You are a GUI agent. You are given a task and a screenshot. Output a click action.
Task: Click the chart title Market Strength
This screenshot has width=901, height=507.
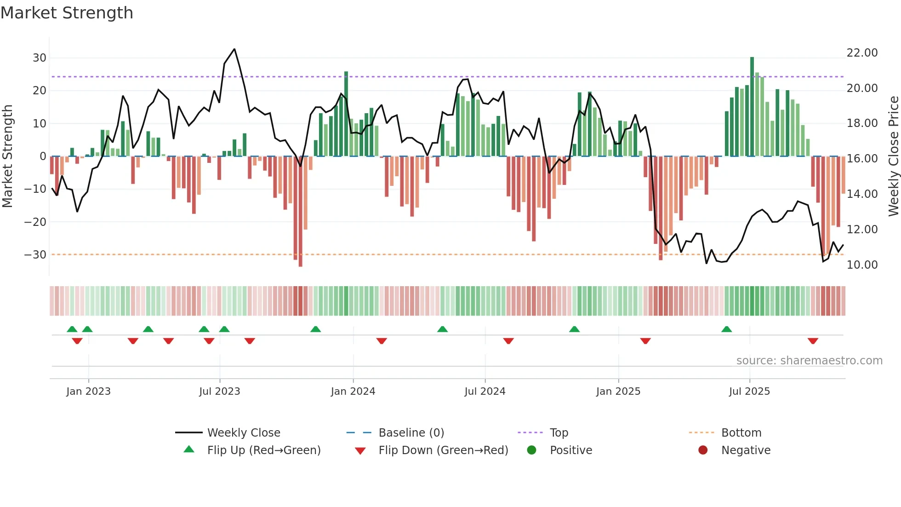67,13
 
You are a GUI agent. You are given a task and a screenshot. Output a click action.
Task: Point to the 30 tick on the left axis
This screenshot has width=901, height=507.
39,58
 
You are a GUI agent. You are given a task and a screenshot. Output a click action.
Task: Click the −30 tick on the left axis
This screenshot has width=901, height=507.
35,255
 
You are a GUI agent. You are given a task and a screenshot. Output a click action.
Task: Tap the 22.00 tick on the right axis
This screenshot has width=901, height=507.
862,53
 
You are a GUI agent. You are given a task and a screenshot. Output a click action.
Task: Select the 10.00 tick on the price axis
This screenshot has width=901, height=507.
862,265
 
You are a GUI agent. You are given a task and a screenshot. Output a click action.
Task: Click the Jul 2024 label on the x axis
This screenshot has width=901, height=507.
485,392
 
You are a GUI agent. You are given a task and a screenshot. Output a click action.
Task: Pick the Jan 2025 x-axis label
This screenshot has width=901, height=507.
618,392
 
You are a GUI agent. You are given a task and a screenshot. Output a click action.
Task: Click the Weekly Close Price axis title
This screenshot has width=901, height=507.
893,156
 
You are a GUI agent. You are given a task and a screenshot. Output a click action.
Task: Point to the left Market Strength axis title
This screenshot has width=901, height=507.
7,156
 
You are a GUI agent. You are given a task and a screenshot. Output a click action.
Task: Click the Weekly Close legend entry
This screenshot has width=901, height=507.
243,433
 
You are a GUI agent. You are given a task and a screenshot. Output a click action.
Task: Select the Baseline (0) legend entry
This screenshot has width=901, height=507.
411,433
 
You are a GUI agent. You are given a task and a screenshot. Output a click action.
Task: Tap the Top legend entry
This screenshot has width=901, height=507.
559,433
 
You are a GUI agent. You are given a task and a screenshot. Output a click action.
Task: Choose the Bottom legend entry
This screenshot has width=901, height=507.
741,433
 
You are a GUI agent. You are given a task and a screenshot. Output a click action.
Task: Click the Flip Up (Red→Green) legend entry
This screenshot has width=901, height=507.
263,450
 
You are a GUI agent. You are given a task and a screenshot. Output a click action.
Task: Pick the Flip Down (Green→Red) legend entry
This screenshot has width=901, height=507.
443,450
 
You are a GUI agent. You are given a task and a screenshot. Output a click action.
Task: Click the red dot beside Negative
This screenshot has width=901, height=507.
703,450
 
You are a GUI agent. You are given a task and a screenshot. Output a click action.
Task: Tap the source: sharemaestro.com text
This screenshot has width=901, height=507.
809,361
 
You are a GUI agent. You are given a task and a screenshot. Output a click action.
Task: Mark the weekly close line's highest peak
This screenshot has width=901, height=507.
234,49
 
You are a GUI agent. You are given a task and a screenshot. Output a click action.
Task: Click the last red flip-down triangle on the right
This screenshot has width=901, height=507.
813,341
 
